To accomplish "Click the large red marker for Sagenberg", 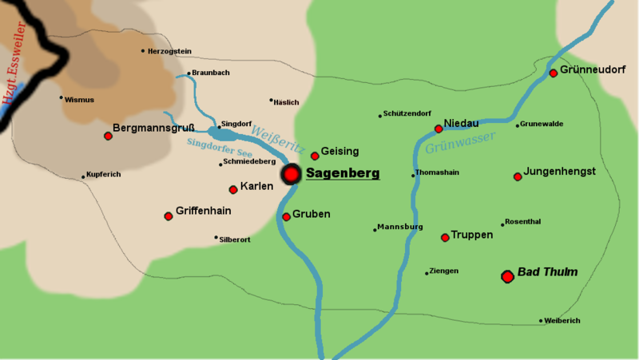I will pos(292,174).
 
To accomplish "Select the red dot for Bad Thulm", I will pos(506,276).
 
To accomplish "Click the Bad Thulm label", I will pos(547,272).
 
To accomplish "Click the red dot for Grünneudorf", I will pos(553,73).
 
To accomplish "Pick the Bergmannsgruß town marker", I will pos(108,136).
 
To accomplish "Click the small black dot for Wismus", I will pos(61,98).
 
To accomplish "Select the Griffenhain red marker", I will pos(169,216).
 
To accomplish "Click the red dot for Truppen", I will pos(445,237).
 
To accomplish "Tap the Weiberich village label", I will pos(563,321).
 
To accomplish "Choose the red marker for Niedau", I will pos(438,129).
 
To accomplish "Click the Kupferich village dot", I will pos(83,176).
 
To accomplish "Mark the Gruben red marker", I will pos(286,216).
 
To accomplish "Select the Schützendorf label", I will pos(407,115).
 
